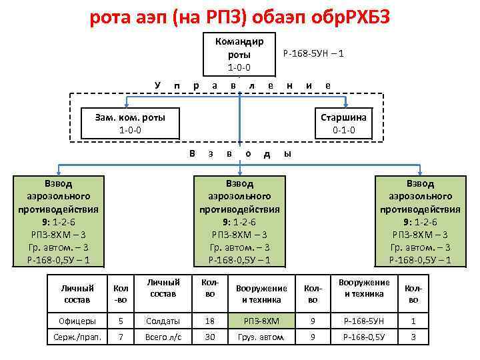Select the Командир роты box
coord(239,54)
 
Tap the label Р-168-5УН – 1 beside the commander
coord(313,53)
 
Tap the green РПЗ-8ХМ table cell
coord(261,321)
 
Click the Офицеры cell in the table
coord(77,321)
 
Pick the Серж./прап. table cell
coord(77,337)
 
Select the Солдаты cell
coord(163,321)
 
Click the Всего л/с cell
coord(163,337)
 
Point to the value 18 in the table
coord(210,321)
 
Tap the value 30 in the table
coord(210,337)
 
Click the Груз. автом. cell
coord(261,337)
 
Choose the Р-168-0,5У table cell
coord(364,337)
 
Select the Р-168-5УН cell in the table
coord(364,321)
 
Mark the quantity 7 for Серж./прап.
coord(121,337)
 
